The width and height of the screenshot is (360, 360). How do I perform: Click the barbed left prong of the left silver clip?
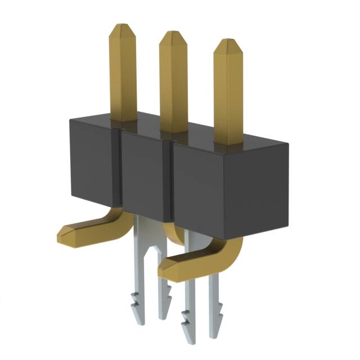138,304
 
